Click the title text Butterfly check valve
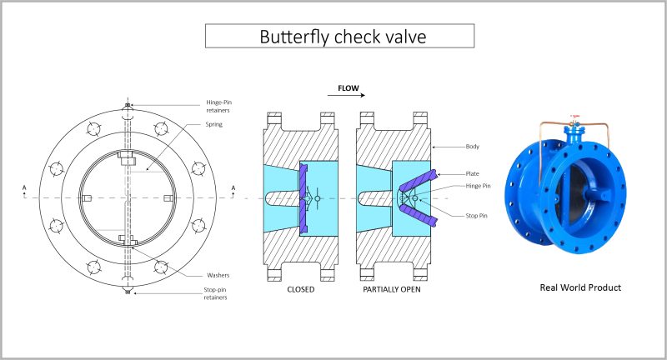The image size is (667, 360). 343,37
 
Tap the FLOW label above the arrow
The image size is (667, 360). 349,88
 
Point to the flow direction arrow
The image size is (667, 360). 346,95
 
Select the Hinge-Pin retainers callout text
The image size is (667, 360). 218,107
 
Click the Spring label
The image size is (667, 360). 214,124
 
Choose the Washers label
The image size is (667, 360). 218,275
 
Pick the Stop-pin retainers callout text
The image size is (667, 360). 215,293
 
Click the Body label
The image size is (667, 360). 473,146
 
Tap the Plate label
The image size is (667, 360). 472,173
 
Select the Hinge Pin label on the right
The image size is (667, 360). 478,186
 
